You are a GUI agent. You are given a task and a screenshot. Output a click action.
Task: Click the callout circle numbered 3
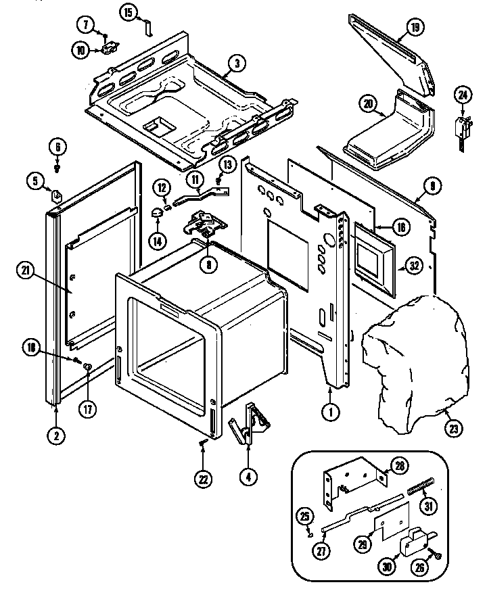point(235,64)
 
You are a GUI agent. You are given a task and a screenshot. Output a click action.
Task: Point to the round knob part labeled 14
point(157,214)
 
